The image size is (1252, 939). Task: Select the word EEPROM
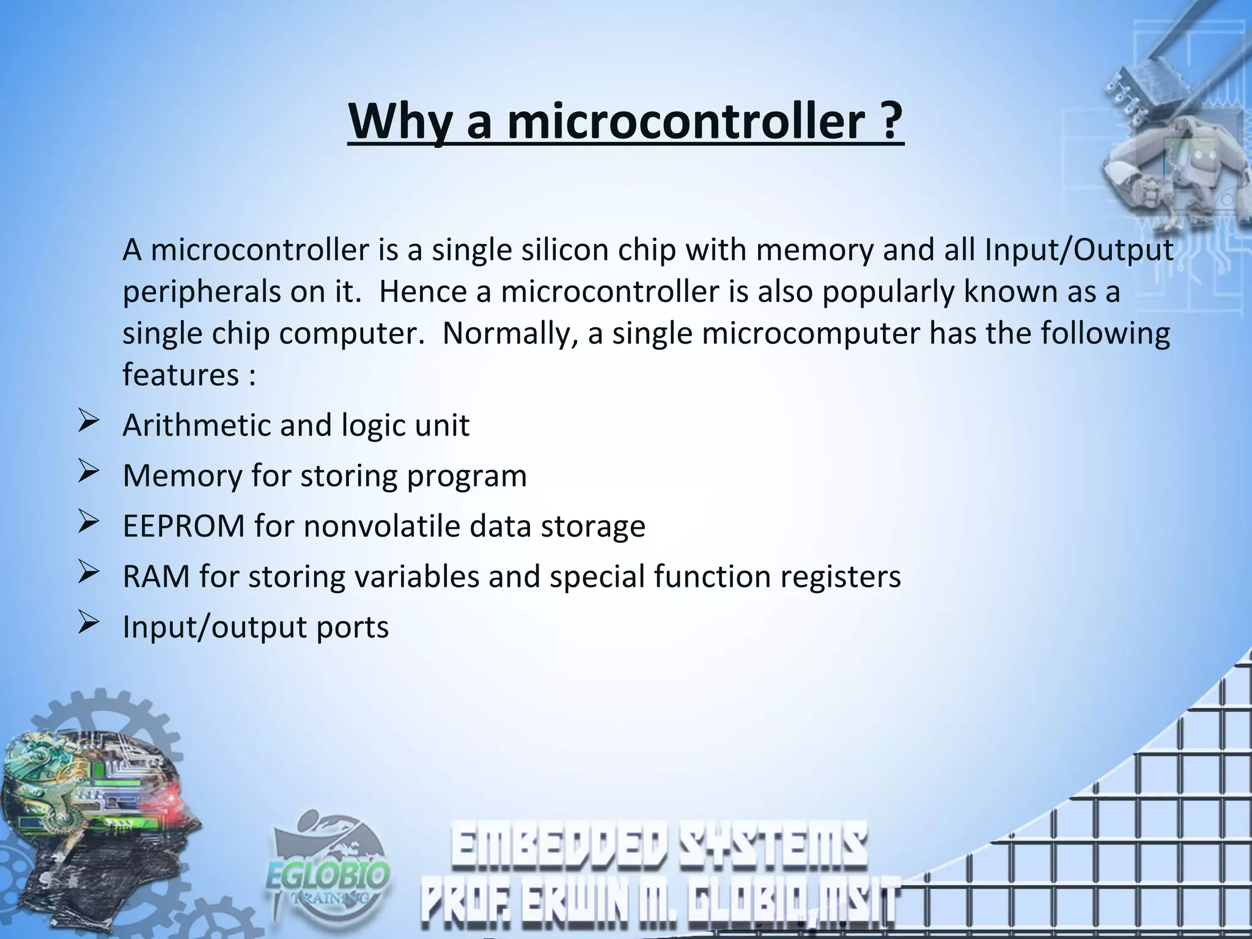(183, 526)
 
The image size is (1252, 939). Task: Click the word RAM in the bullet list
(156, 576)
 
